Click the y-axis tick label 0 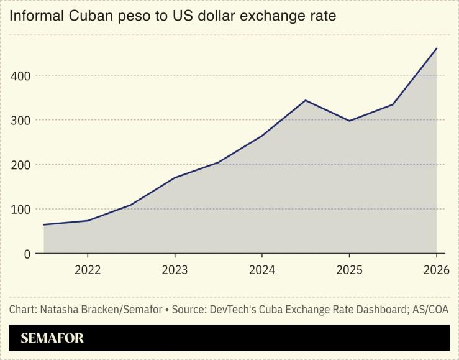coord(27,254)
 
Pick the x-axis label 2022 coord(88,271)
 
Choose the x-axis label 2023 coord(175,271)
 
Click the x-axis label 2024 coord(262,271)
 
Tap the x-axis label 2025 coord(349,271)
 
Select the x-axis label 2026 coord(435,271)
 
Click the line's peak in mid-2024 coord(306,100)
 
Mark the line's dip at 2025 coord(349,121)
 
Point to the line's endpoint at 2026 coord(436,48)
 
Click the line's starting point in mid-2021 coord(43,224)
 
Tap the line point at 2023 coord(175,178)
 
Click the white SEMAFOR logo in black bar coord(52,339)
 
